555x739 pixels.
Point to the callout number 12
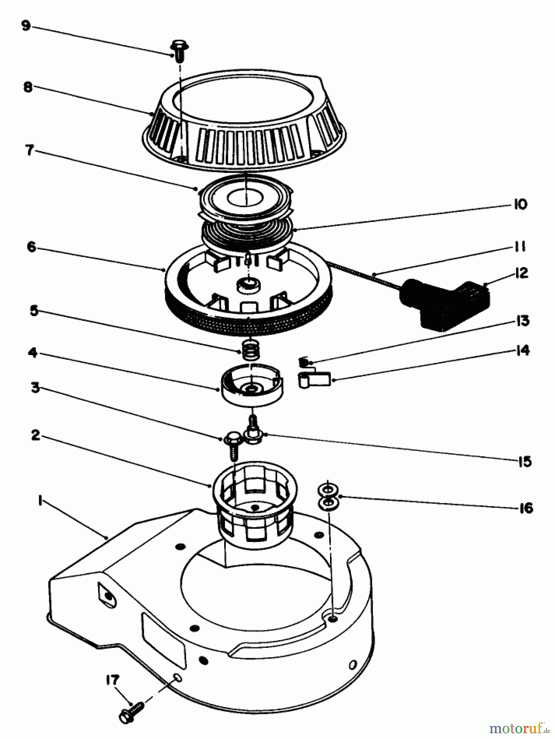[521, 273]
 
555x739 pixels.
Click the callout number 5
[34, 311]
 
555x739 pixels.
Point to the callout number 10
[520, 204]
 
